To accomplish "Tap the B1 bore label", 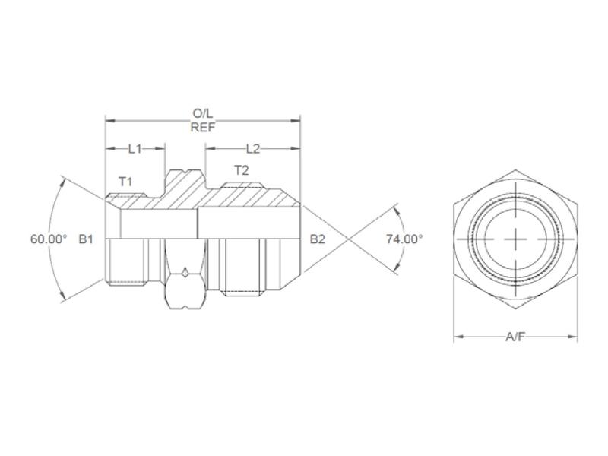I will point(86,239).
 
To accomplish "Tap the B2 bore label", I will point(318,239).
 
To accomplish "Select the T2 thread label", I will point(241,171).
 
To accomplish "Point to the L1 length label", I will point(135,149).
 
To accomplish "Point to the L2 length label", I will point(252,149).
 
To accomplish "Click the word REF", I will point(203,127).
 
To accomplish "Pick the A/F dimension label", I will point(515,337).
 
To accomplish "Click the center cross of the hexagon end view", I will point(515,239).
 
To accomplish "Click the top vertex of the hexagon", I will point(515,169).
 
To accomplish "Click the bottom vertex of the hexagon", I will point(515,308).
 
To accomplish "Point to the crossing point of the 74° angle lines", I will point(349,239).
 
